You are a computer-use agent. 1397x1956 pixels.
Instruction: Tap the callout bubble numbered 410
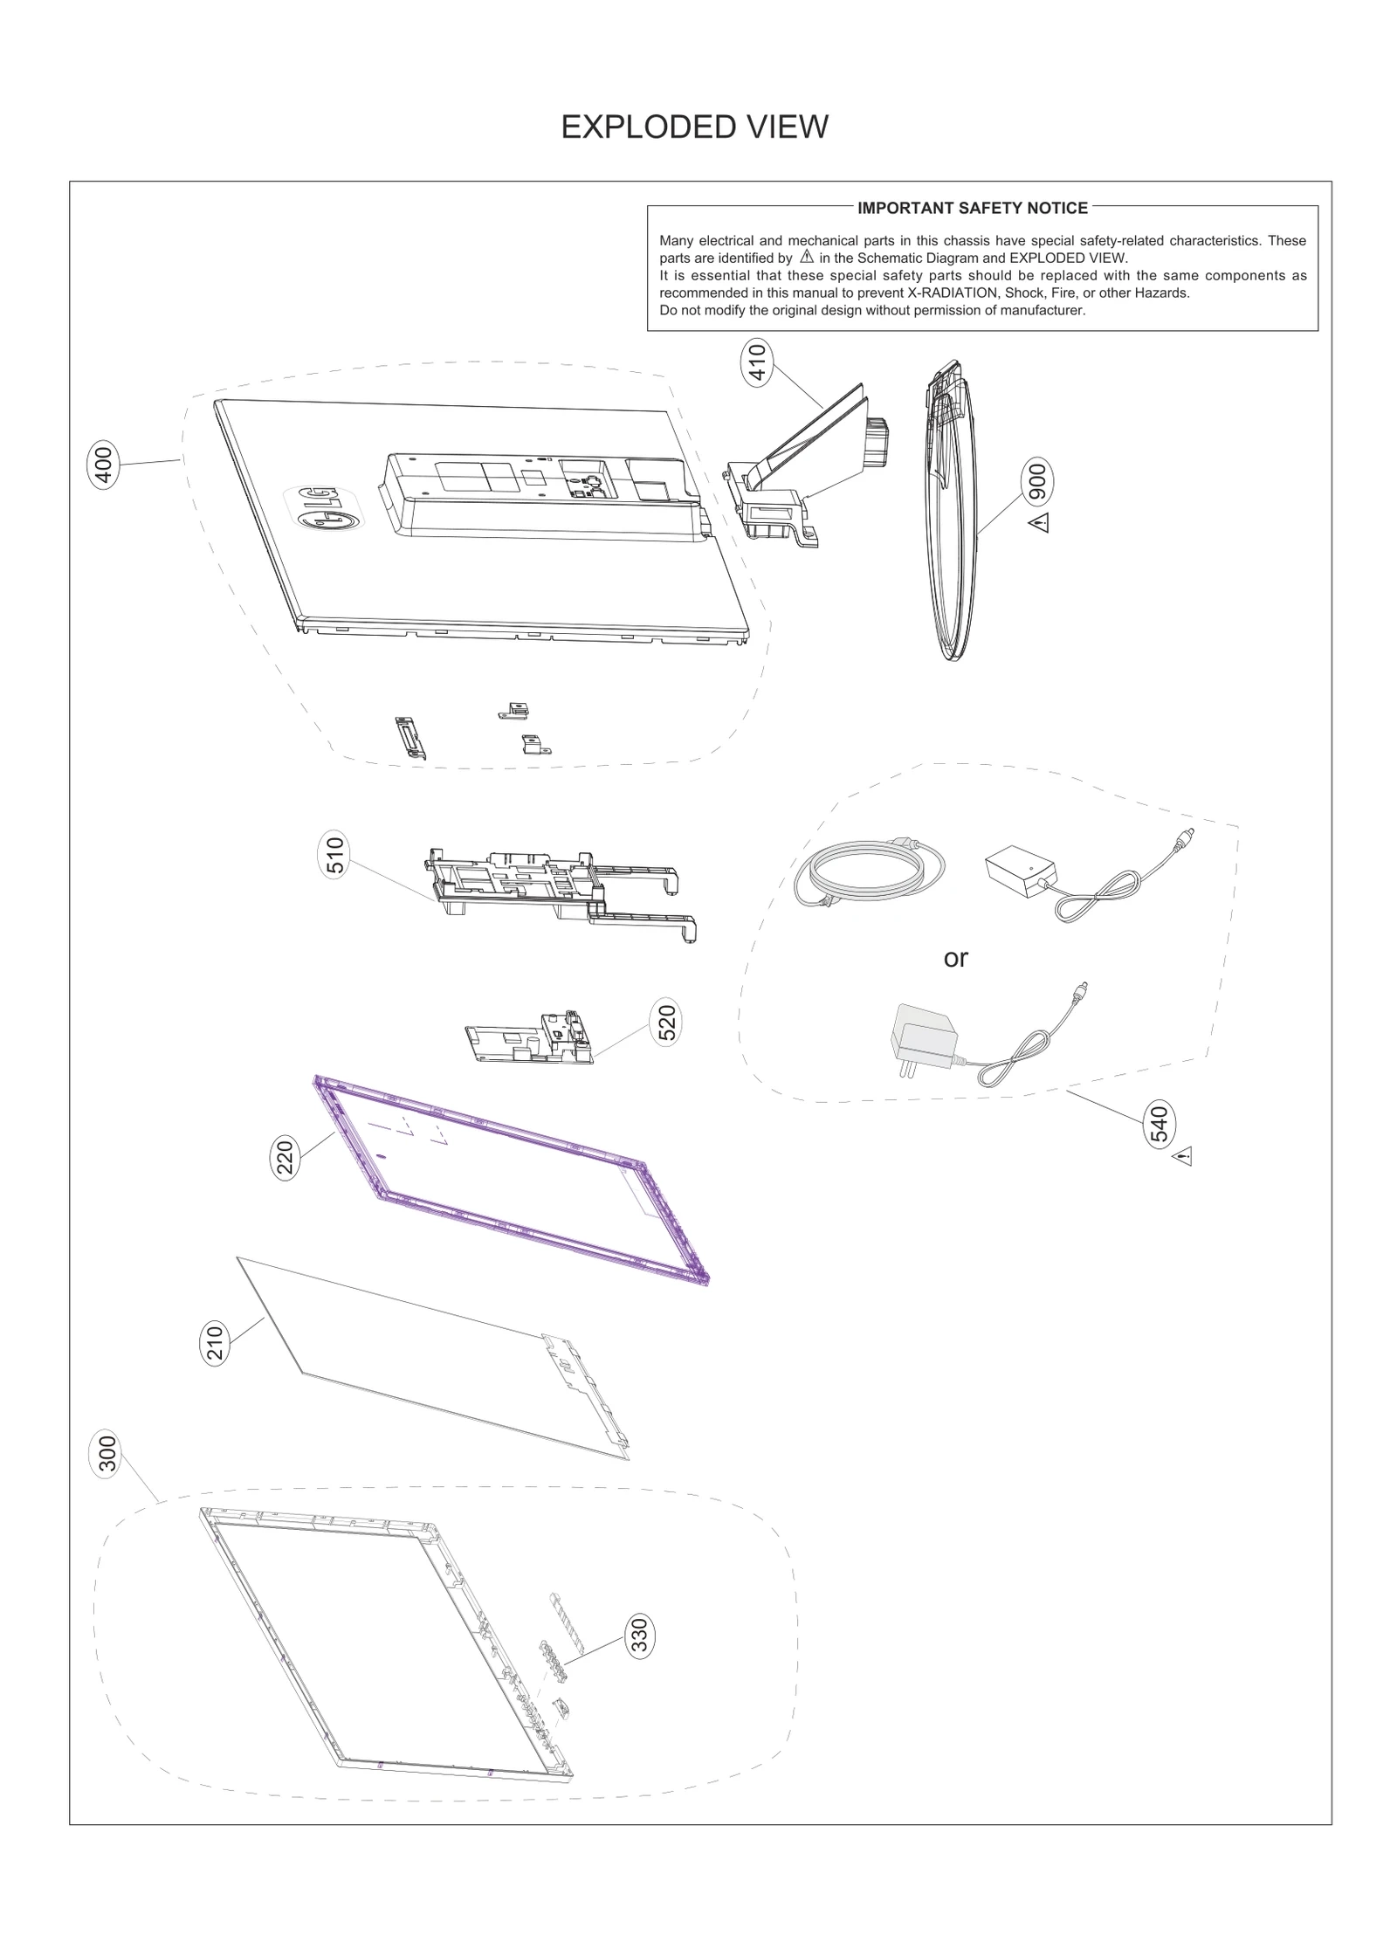point(757,362)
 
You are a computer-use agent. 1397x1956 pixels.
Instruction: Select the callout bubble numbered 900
point(1037,481)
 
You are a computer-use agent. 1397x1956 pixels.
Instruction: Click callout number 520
point(666,1023)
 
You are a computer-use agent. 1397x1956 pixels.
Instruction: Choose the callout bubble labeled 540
point(1159,1124)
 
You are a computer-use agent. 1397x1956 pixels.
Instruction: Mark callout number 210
point(215,1342)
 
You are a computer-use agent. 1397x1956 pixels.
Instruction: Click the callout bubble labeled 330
point(639,1636)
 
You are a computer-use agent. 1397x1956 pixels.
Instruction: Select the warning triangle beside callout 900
point(1039,523)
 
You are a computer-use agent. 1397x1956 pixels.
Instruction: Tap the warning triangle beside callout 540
point(1183,1157)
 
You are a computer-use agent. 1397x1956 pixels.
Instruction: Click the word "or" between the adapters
point(955,959)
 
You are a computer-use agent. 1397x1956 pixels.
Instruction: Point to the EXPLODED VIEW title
point(694,127)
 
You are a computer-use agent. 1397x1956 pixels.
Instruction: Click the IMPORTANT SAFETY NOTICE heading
point(972,208)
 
